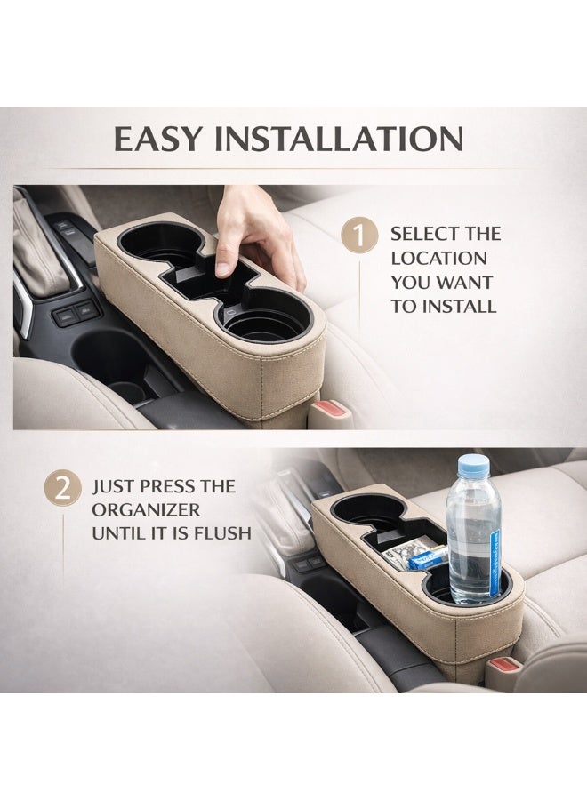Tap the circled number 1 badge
359,236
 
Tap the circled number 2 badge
62,489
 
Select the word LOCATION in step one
439,258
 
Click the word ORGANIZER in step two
146,509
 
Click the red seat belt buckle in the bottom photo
505,665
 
